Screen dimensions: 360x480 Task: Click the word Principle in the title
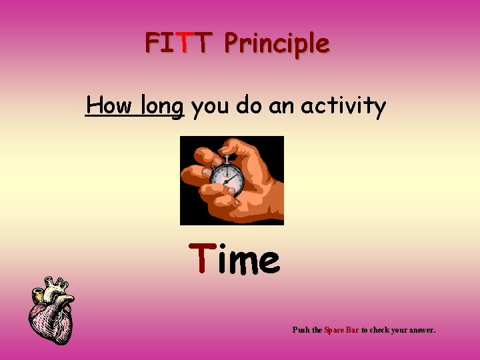click(276, 44)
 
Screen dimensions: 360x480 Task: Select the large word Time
click(235, 259)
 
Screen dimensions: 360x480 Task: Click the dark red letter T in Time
click(200, 259)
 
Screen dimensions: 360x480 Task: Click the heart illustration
click(52, 310)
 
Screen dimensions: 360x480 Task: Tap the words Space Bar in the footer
click(341, 329)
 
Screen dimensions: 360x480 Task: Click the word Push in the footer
click(301, 329)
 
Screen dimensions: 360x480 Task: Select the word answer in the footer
click(422, 329)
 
